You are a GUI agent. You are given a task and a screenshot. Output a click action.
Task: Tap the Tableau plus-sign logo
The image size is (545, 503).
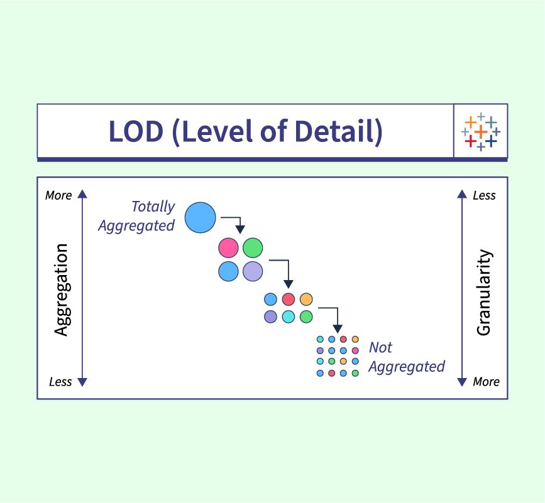(480, 131)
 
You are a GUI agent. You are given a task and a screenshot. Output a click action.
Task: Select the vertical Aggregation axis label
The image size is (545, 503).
(61, 289)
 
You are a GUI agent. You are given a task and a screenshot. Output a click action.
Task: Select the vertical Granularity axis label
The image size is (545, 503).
(483, 292)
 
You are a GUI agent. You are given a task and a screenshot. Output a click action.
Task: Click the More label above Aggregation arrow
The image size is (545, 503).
(58, 195)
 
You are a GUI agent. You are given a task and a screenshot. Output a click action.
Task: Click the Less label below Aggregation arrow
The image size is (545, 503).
(60, 382)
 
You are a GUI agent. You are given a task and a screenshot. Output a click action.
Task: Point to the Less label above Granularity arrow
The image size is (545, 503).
(484, 195)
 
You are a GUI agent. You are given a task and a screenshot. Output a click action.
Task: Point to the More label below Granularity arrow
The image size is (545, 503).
(486, 382)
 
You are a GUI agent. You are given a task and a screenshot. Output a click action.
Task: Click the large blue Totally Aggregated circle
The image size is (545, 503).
(201, 217)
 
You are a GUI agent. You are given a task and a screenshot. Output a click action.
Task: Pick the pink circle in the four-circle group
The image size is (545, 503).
(228, 247)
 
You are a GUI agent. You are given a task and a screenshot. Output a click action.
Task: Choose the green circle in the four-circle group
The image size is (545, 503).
(253, 247)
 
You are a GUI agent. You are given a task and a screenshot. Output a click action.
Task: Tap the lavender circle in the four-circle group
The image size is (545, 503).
(253, 271)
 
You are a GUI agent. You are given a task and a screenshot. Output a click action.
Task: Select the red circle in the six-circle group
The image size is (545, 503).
(288, 299)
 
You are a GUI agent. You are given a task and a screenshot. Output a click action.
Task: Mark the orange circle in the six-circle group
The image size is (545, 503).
(306, 299)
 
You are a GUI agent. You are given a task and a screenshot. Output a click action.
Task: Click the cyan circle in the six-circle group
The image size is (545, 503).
(288, 316)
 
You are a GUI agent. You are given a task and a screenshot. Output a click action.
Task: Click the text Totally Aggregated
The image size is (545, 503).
(137, 216)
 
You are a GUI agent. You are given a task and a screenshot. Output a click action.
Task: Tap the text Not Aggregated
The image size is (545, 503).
(405, 357)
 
